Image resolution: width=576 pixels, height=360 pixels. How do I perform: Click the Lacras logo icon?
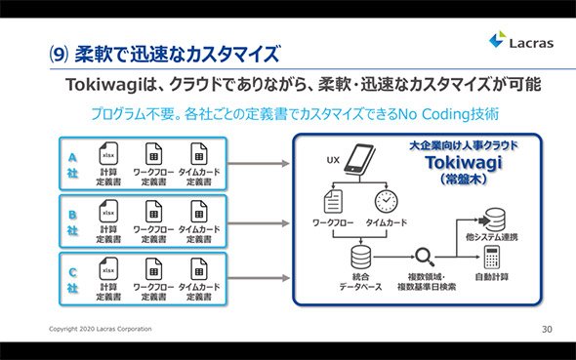click(x=498, y=39)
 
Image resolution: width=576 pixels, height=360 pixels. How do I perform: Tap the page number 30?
click(x=547, y=329)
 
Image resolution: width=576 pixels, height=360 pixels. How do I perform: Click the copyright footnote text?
click(x=101, y=329)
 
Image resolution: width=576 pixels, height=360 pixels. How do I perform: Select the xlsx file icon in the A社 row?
click(x=108, y=154)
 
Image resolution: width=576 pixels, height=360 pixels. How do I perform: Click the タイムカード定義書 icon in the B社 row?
click(x=199, y=212)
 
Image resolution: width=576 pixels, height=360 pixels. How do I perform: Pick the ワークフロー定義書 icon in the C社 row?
click(x=153, y=269)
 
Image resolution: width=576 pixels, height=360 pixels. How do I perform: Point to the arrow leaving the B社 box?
click(x=259, y=223)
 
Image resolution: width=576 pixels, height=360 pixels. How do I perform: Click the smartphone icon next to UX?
click(x=359, y=159)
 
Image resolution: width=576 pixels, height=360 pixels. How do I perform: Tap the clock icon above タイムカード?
click(x=386, y=201)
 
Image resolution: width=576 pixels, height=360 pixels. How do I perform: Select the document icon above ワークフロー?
click(x=333, y=201)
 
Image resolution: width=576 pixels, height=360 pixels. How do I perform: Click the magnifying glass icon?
click(x=425, y=257)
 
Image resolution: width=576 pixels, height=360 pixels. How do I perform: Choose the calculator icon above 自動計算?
click(x=492, y=257)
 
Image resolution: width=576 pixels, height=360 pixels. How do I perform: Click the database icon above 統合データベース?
click(x=361, y=257)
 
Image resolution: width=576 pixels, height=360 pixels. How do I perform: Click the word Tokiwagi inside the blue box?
click(x=464, y=163)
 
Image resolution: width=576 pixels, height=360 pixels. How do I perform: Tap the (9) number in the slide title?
click(x=59, y=55)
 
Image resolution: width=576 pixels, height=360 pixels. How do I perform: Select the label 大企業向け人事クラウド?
click(x=464, y=145)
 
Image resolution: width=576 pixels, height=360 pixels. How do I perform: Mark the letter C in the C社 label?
click(x=72, y=272)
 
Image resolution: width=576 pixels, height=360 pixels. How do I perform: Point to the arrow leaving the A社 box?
click(x=259, y=164)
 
